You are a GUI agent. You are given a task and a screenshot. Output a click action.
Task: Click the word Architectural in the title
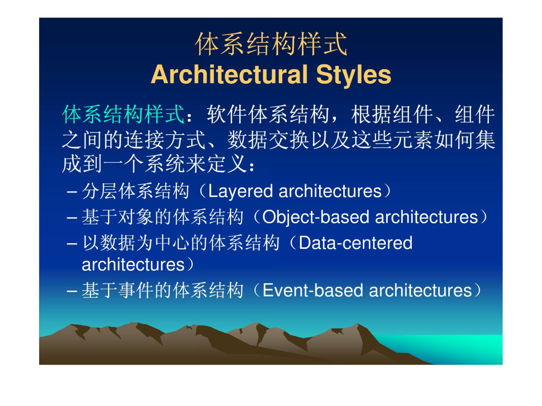pyautogui.click(x=229, y=74)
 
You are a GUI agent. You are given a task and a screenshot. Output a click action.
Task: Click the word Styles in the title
pyautogui.click(x=353, y=75)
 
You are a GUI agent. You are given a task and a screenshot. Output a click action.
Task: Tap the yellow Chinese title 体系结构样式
pyautogui.click(x=271, y=44)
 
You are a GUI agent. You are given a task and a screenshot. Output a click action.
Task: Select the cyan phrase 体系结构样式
pyautogui.click(x=123, y=114)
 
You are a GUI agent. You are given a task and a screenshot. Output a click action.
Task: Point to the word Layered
pyautogui.click(x=240, y=192)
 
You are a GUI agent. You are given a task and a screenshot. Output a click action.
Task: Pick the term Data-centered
pyautogui.click(x=355, y=243)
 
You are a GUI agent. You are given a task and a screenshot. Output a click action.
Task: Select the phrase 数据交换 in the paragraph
pyautogui.click(x=268, y=140)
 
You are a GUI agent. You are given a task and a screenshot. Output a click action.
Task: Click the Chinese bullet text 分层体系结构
pyautogui.click(x=135, y=191)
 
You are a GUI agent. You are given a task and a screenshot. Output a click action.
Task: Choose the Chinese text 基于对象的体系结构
pyautogui.click(x=163, y=217)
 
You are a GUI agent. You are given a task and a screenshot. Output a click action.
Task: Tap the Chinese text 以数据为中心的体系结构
pyautogui.click(x=181, y=243)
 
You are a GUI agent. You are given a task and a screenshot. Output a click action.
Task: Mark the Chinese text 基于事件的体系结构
pyautogui.click(x=163, y=290)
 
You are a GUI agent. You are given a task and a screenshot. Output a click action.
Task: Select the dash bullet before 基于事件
pyautogui.click(x=72, y=291)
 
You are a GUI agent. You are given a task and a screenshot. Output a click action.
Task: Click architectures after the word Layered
pyautogui.click(x=330, y=192)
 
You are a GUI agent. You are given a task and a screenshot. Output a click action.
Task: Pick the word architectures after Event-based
pyautogui.click(x=420, y=290)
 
